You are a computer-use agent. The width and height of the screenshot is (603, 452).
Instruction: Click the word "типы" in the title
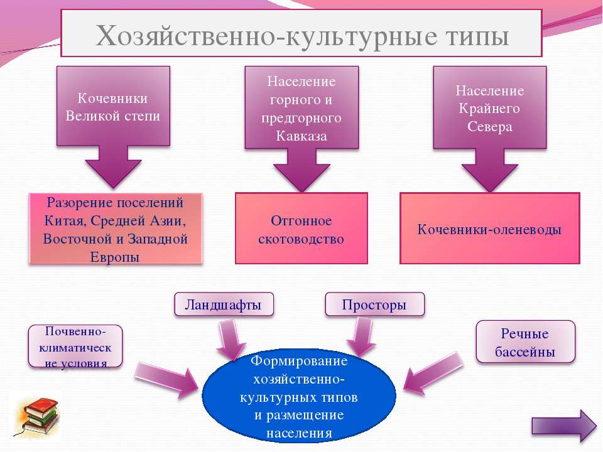[x=477, y=36]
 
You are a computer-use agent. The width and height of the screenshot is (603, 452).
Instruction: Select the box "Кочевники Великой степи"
[x=114, y=105]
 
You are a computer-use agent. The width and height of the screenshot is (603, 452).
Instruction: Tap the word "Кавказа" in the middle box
[x=301, y=136]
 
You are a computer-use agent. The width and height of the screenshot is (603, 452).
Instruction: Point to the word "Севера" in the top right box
[x=489, y=126]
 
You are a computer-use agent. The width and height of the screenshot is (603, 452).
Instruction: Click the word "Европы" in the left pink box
[x=114, y=257]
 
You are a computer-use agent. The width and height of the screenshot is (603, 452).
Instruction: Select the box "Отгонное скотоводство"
[x=301, y=229]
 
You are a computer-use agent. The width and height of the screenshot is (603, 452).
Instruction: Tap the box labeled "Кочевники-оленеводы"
[x=489, y=229]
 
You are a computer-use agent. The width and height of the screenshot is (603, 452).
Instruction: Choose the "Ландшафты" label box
[x=224, y=304]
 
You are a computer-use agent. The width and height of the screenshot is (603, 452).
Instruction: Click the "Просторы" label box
[x=375, y=304]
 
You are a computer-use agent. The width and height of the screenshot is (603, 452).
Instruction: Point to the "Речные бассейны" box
[x=525, y=342]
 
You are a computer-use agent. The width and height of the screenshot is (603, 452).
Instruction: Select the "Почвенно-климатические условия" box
[x=75, y=347]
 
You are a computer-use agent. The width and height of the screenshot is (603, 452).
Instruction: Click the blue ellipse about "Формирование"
[x=299, y=396]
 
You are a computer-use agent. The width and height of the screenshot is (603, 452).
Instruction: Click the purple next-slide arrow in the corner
[x=564, y=426]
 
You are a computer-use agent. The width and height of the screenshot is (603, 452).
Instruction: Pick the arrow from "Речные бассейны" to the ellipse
[x=433, y=373]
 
